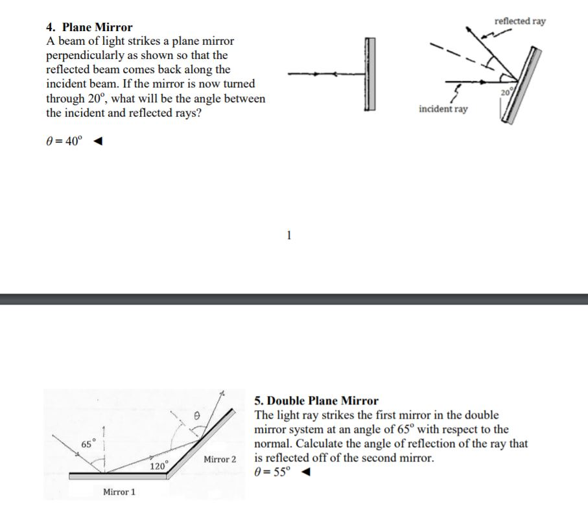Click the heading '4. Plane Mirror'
89,27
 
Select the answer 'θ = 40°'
64,143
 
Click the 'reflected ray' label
519,21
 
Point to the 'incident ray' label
443,109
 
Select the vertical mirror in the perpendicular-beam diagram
370,75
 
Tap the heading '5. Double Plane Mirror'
316,401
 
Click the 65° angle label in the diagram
88,443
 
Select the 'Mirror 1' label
119,493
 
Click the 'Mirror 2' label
220,459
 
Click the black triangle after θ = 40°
97,143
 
